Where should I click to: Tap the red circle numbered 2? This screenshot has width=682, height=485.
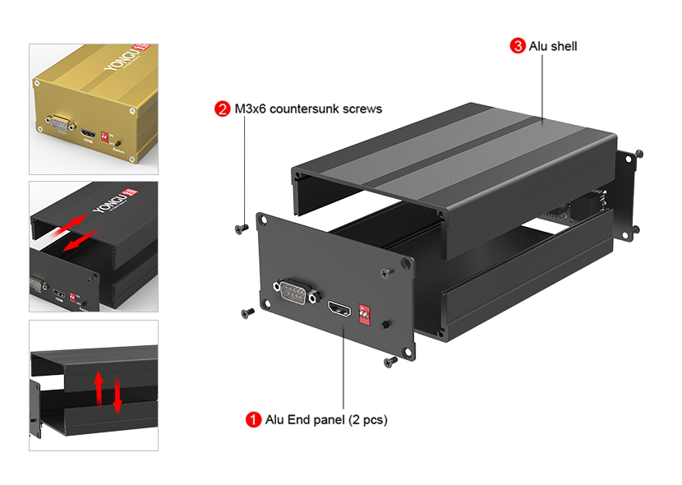[x=222, y=109]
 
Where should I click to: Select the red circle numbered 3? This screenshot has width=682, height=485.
[x=518, y=46]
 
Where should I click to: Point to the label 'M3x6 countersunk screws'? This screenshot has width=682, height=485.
[x=309, y=109]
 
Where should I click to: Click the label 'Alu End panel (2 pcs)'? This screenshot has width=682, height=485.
[x=326, y=419]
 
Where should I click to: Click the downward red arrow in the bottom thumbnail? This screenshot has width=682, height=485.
[x=118, y=395]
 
